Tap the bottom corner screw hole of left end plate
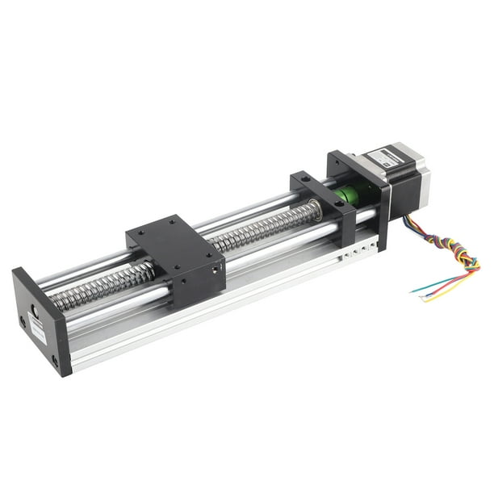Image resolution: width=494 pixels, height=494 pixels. click(56, 361)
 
